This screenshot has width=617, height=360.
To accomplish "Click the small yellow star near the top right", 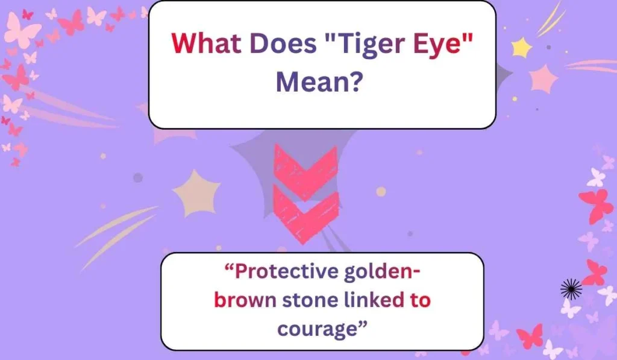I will click(x=521, y=46).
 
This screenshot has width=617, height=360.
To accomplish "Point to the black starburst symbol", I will click(x=571, y=289).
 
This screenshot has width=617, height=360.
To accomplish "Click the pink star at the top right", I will click(x=544, y=78).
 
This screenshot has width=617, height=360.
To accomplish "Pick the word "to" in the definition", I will click(x=421, y=300).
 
